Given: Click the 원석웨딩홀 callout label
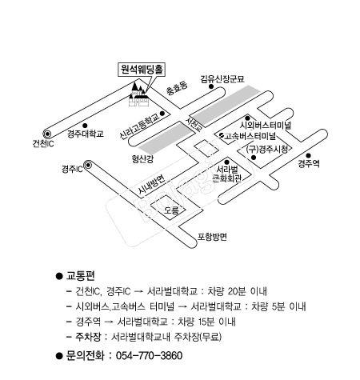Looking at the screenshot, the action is click(x=142, y=70).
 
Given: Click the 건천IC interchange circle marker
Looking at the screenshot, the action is click(x=47, y=134).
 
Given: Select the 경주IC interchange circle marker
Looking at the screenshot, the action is click(x=88, y=166).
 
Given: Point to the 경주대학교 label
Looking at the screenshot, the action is click(x=86, y=134).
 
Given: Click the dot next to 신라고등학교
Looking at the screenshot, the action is click(x=162, y=114).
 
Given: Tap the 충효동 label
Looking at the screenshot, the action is click(x=177, y=88).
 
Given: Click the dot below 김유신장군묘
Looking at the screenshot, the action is click(x=211, y=86).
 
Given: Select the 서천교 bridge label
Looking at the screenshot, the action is click(x=194, y=124).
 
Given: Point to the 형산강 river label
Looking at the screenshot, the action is click(x=142, y=159).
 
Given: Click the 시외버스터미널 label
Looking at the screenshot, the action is click(x=266, y=125).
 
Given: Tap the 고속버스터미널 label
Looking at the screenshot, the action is click(x=250, y=136).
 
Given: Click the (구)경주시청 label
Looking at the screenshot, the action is click(x=267, y=149).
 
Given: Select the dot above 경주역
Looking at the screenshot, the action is click(x=308, y=156).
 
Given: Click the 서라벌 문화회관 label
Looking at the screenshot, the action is click(x=227, y=174).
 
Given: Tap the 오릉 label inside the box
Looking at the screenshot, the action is click(x=171, y=210).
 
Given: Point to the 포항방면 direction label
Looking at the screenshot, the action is click(x=212, y=237).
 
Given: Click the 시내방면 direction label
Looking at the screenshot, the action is click(x=152, y=185).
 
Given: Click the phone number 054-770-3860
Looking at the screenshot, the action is click(x=150, y=355).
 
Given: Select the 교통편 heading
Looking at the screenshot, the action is click(x=80, y=275).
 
